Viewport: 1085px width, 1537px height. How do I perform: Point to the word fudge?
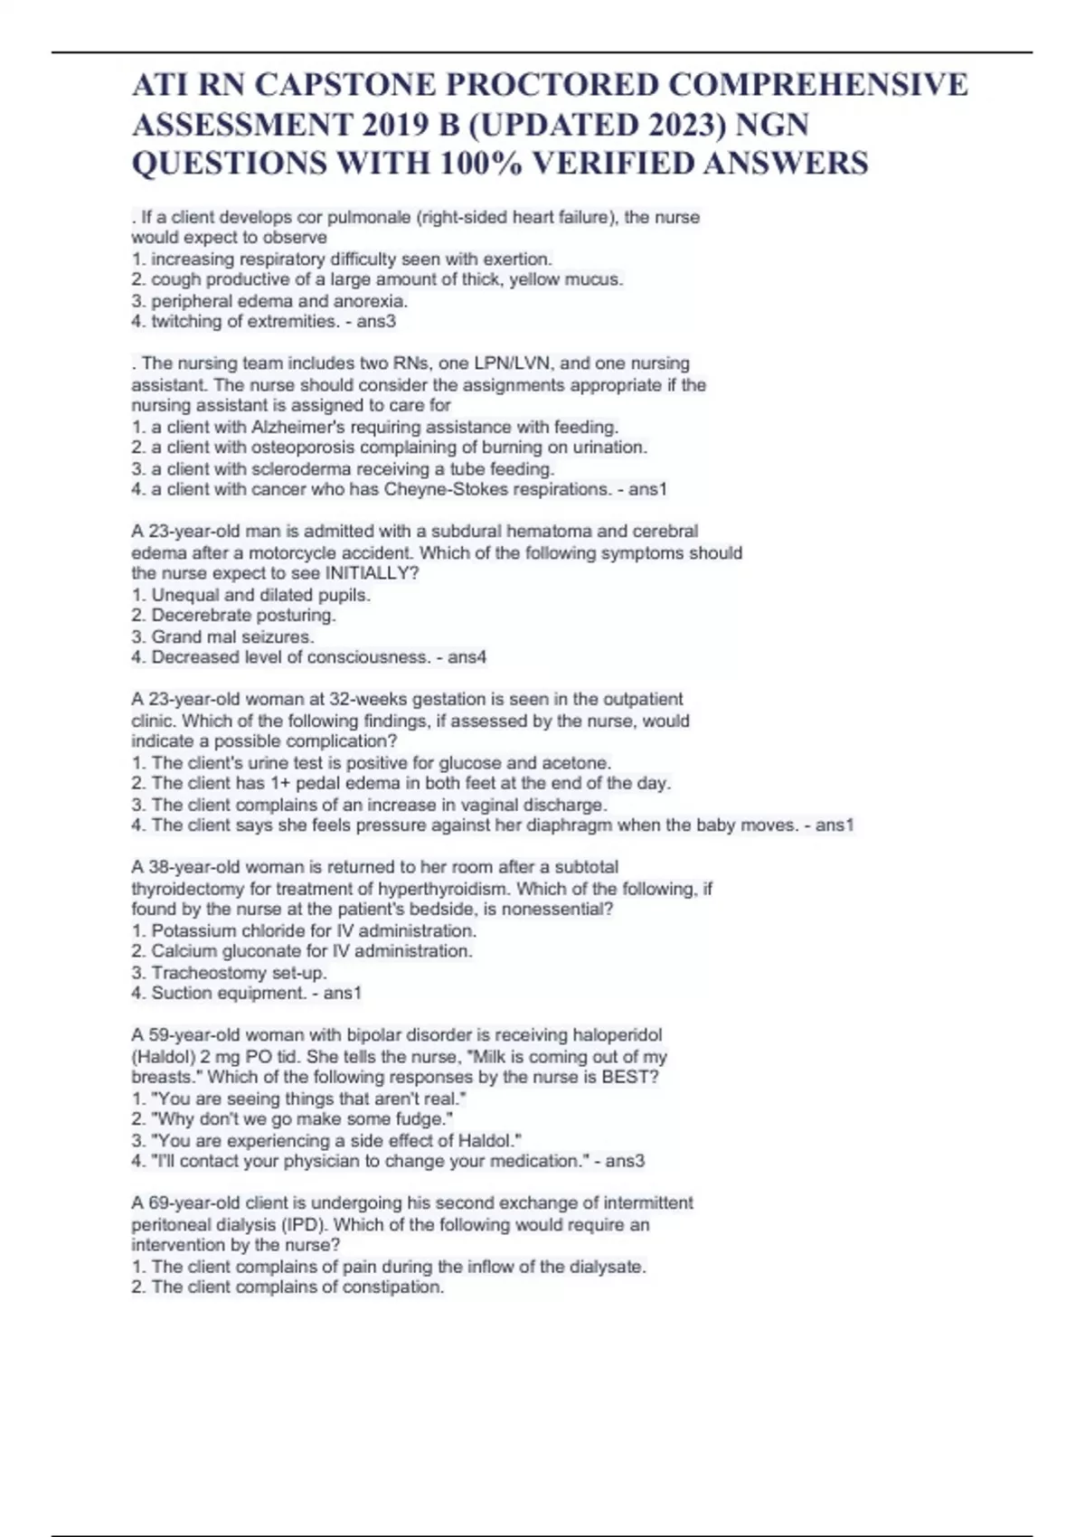(427, 1119)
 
